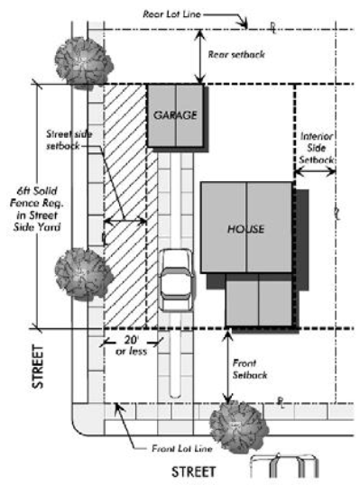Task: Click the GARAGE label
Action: click(x=175, y=115)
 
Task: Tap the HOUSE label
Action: click(x=245, y=229)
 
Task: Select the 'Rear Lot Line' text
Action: click(x=171, y=14)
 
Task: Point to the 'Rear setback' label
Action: click(x=236, y=55)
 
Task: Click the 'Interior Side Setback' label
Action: click(x=317, y=148)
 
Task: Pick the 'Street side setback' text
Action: click(x=69, y=140)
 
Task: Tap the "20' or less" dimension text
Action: click(x=131, y=345)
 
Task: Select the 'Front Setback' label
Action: click(x=250, y=369)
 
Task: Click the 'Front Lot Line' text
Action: click(x=182, y=449)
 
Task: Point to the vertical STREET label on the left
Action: click(x=38, y=367)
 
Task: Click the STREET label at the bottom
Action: click(x=193, y=472)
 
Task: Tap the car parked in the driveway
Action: click(x=177, y=280)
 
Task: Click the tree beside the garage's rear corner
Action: click(x=84, y=63)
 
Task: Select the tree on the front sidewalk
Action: click(x=239, y=427)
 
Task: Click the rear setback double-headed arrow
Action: click(x=201, y=57)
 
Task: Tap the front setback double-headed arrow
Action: click(x=228, y=367)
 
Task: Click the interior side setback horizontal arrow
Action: click(x=315, y=171)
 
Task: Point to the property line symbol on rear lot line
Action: click(x=272, y=28)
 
